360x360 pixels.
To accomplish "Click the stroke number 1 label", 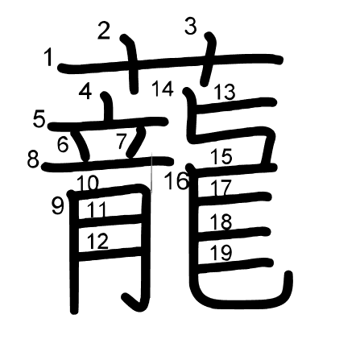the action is pos(48,57).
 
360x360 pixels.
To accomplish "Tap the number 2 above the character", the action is pos(104,31).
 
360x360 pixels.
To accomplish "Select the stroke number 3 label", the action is pos(191,26).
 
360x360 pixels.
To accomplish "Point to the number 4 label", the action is pos(85,91).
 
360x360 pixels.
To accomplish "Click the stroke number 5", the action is pos(39,119).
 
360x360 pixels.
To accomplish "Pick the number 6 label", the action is pos(63,144).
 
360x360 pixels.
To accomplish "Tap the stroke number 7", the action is pos(122,141).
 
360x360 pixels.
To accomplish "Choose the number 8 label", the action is pos(33,160).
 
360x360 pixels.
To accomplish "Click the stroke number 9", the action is pos(58,206).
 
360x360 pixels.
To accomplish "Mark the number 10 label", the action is pos(88,184).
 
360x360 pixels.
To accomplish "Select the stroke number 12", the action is pos(97,241).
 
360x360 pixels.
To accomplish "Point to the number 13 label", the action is pos(225,92).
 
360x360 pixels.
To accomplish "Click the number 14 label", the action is pos(163,89).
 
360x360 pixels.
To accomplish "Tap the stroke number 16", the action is pos(176,180).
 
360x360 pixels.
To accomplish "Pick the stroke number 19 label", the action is pos(221,253).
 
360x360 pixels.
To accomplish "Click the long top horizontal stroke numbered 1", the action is pos(170,62).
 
